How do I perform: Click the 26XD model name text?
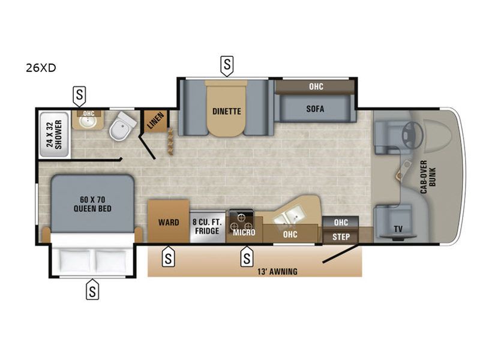point(41,68)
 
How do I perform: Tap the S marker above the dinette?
point(227,65)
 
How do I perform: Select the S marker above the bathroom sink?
point(79,96)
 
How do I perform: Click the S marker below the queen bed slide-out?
point(92,289)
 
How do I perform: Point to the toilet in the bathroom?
point(124,126)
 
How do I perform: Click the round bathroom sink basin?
point(88,122)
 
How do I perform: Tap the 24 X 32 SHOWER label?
point(54,134)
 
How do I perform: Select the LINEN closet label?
point(156,121)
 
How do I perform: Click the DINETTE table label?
point(227,111)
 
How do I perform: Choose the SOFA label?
point(315,109)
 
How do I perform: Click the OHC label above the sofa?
point(316,86)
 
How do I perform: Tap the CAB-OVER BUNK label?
point(428,177)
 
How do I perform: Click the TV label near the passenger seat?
point(398,229)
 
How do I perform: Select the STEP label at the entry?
point(341,237)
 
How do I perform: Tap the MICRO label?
point(244,232)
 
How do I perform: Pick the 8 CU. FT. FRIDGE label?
point(207,226)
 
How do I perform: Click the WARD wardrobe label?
point(169,222)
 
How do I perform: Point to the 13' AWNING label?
point(277,272)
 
